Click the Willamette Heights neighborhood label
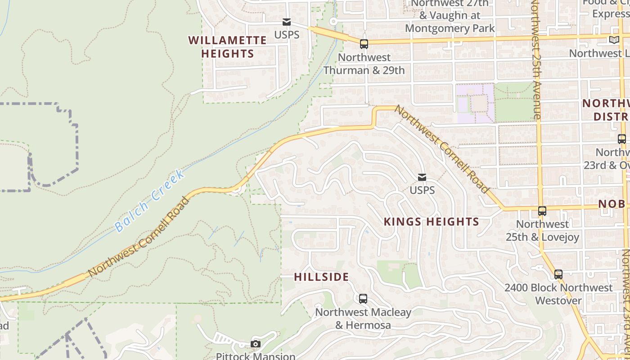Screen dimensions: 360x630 coord(227,47)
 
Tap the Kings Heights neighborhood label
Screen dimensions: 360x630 coord(431,221)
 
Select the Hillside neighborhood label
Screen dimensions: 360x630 coord(321,277)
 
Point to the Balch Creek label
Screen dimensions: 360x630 coord(149,201)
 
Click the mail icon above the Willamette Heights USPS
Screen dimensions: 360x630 coord(286,22)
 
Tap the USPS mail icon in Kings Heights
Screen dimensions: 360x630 coord(422,177)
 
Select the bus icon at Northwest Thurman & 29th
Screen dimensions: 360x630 coord(364,44)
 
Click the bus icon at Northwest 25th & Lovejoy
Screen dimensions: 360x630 coord(542,211)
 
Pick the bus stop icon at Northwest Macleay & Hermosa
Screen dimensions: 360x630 coord(363,298)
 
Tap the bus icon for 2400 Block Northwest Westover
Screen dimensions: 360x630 coord(558,274)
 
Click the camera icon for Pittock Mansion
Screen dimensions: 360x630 coord(256,344)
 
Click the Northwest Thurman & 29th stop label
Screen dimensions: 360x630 coord(364,64)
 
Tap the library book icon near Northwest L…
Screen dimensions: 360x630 coord(614,40)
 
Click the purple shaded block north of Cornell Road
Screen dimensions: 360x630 coord(475,103)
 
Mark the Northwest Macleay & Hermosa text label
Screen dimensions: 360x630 coord(363,319)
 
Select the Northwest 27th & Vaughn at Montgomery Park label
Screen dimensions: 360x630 coord(450,16)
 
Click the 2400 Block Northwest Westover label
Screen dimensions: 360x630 coord(558,294)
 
